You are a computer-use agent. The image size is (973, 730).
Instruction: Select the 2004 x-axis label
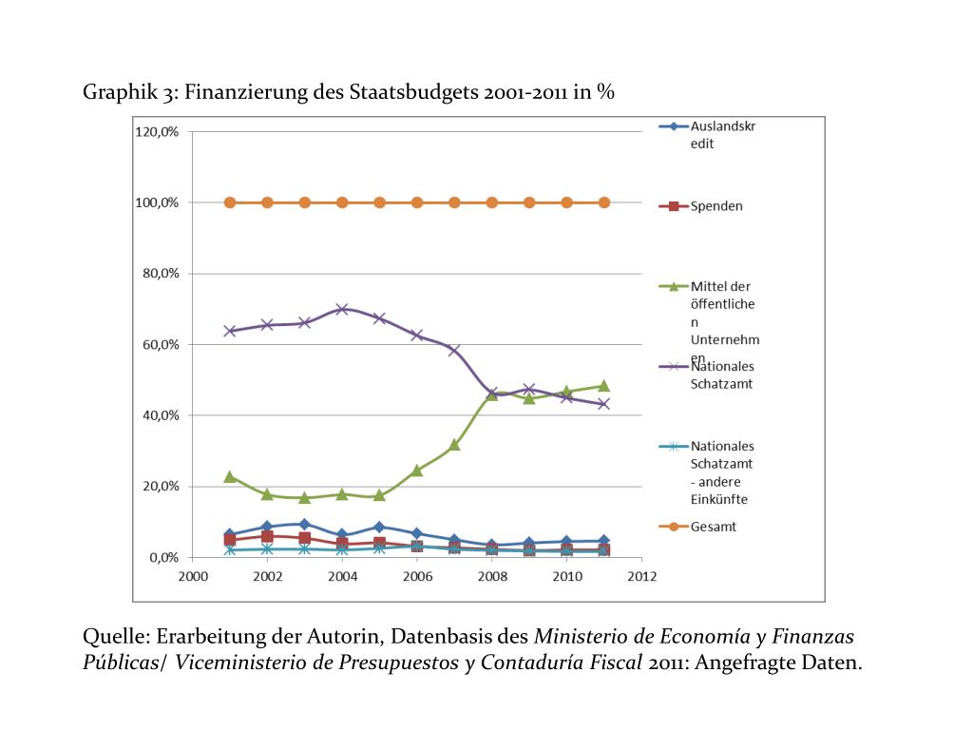342,577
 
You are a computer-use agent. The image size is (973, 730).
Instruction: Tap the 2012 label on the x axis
641,577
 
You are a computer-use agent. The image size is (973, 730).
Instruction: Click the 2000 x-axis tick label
193,577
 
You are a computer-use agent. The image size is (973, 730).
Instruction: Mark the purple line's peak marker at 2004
342,309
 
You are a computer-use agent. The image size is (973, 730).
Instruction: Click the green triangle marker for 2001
230,476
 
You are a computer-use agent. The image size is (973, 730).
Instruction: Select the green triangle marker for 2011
603,386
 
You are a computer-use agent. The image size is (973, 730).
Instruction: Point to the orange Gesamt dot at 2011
603,202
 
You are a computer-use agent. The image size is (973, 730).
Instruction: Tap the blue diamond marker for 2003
305,524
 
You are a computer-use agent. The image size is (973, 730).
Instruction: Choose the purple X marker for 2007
454,351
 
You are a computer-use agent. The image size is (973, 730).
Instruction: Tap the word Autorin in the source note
345,636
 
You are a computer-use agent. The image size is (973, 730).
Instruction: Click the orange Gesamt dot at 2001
230,202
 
